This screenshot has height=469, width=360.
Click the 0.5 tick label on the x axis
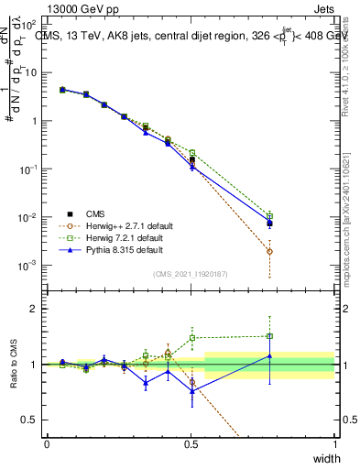coord(191,443)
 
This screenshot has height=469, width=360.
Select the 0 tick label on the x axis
coord(47,443)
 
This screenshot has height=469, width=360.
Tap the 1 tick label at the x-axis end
coord(335,443)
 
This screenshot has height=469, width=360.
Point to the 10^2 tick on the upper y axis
coord(31,25)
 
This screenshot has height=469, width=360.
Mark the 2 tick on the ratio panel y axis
coord(34,310)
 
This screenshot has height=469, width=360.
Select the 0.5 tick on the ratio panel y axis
coord(30,420)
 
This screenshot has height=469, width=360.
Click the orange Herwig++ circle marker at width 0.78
coord(269,251)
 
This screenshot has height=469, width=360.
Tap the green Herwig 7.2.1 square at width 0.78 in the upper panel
coord(269,215)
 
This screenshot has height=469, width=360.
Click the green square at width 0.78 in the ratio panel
coord(269,335)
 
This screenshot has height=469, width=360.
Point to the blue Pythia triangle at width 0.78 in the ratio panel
coord(269,355)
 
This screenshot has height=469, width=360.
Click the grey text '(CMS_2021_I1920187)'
coord(191,273)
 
